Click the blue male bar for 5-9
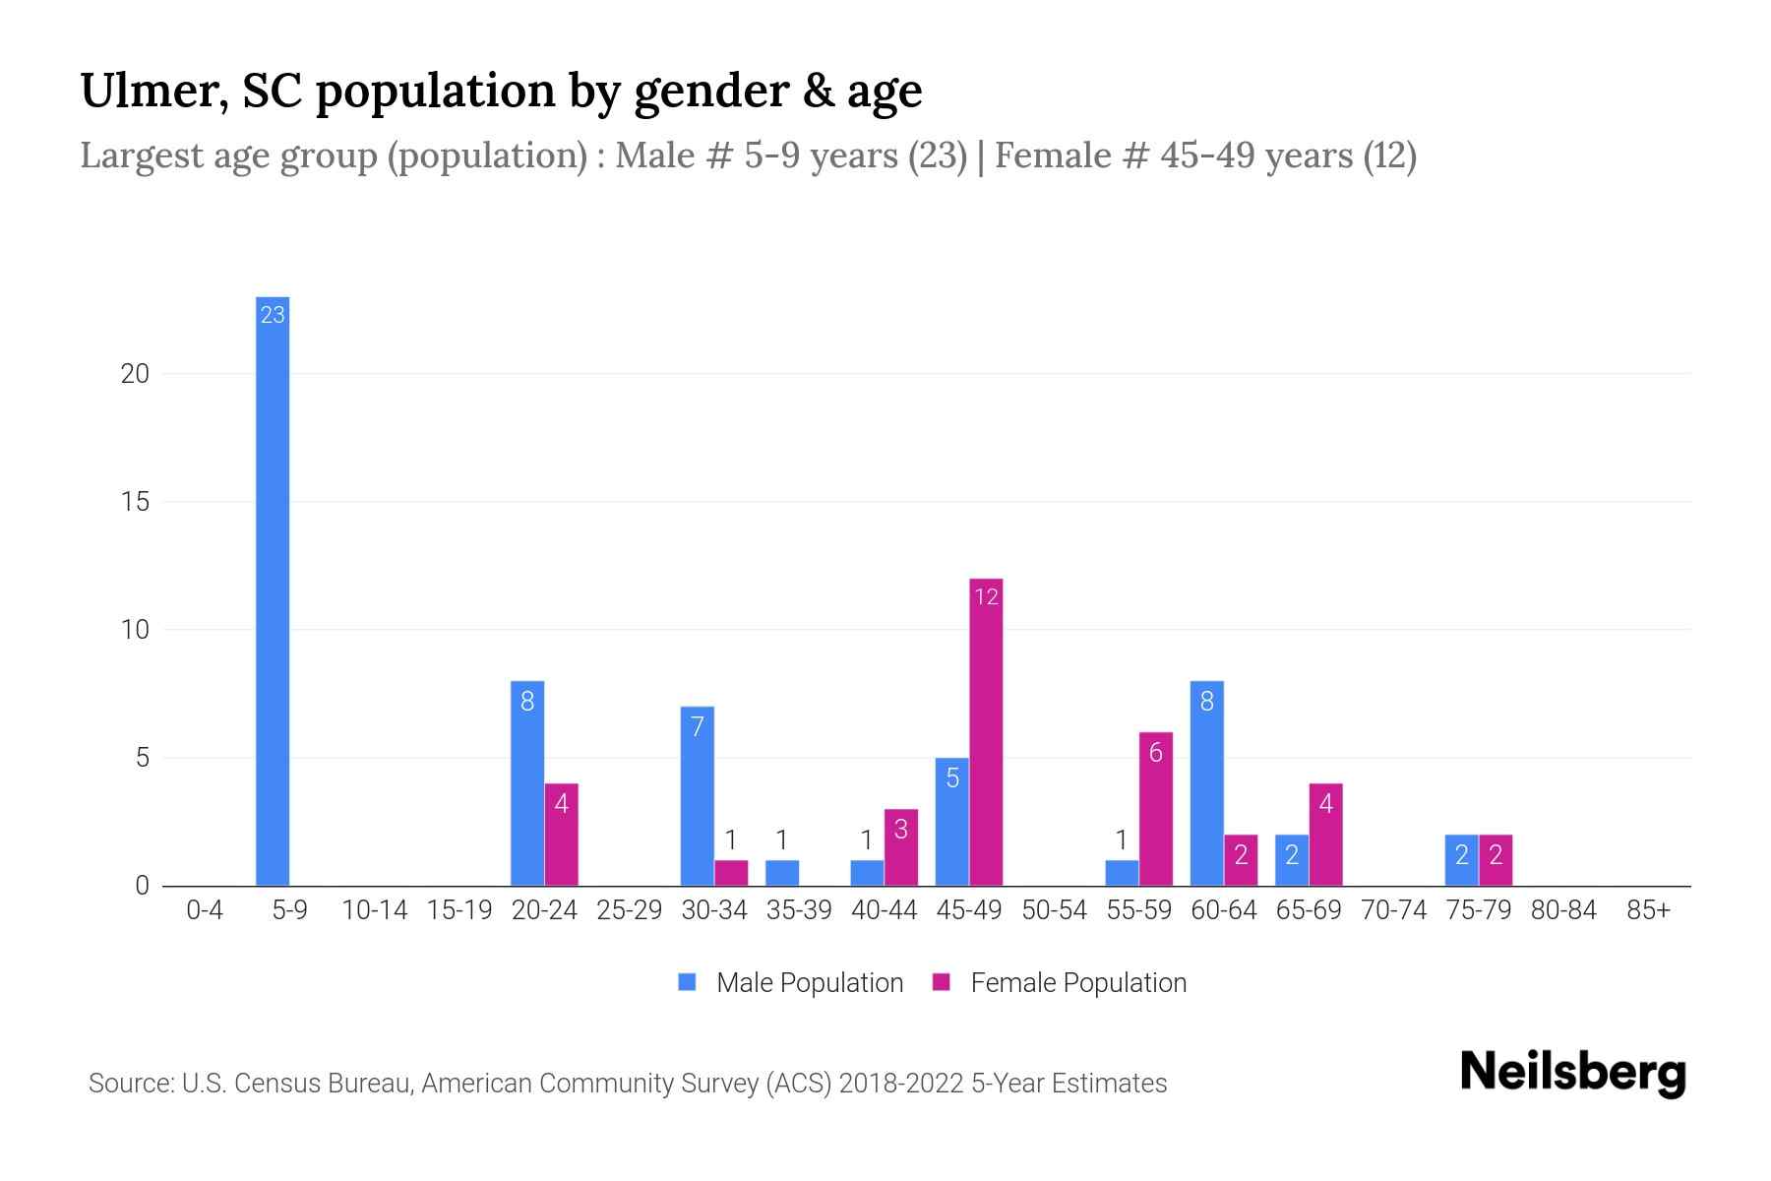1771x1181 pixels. click(x=273, y=590)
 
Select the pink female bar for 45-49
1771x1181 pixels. click(x=986, y=733)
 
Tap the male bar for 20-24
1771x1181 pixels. click(x=527, y=783)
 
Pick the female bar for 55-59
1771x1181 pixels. click(x=1156, y=809)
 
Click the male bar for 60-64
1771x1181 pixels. click(x=1207, y=783)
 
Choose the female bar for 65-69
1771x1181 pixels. click(x=1325, y=835)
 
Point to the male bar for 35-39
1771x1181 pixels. click(x=782, y=873)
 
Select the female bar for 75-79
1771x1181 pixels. click(x=1496, y=860)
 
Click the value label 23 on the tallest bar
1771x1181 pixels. click(x=273, y=315)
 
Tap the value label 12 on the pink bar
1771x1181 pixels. click(x=986, y=596)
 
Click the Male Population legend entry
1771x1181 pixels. click(x=791, y=982)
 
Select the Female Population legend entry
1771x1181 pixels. click(x=1060, y=982)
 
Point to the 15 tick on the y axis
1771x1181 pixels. click(x=135, y=502)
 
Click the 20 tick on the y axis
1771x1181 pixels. click(x=135, y=374)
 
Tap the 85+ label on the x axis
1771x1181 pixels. click(x=1648, y=910)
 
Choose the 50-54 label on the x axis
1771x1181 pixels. click(x=1054, y=910)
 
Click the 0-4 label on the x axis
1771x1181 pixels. click(x=205, y=910)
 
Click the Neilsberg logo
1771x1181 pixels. click(x=1572, y=1073)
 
